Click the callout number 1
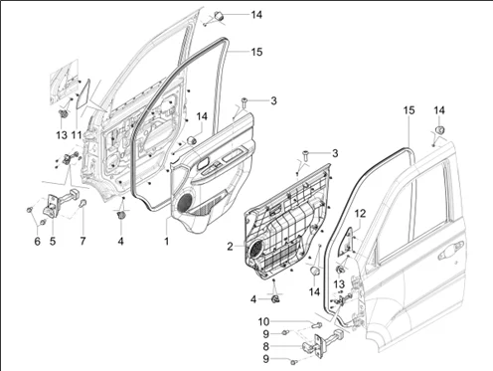(167, 241)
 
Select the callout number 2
(231, 247)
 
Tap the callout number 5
(53, 241)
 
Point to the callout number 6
(37, 241)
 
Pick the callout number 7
(82, 241)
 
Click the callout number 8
(266, 347)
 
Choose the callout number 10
(263, 322)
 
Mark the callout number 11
(77, 135)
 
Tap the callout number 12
(361, 214)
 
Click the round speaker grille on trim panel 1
(185, 202)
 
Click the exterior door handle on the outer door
(450, 251)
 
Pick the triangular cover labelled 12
(347, 242)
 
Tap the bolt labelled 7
(82, 202)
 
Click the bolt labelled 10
(316, 324)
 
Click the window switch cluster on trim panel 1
(213, 167)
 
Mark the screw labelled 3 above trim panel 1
(244, 102)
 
